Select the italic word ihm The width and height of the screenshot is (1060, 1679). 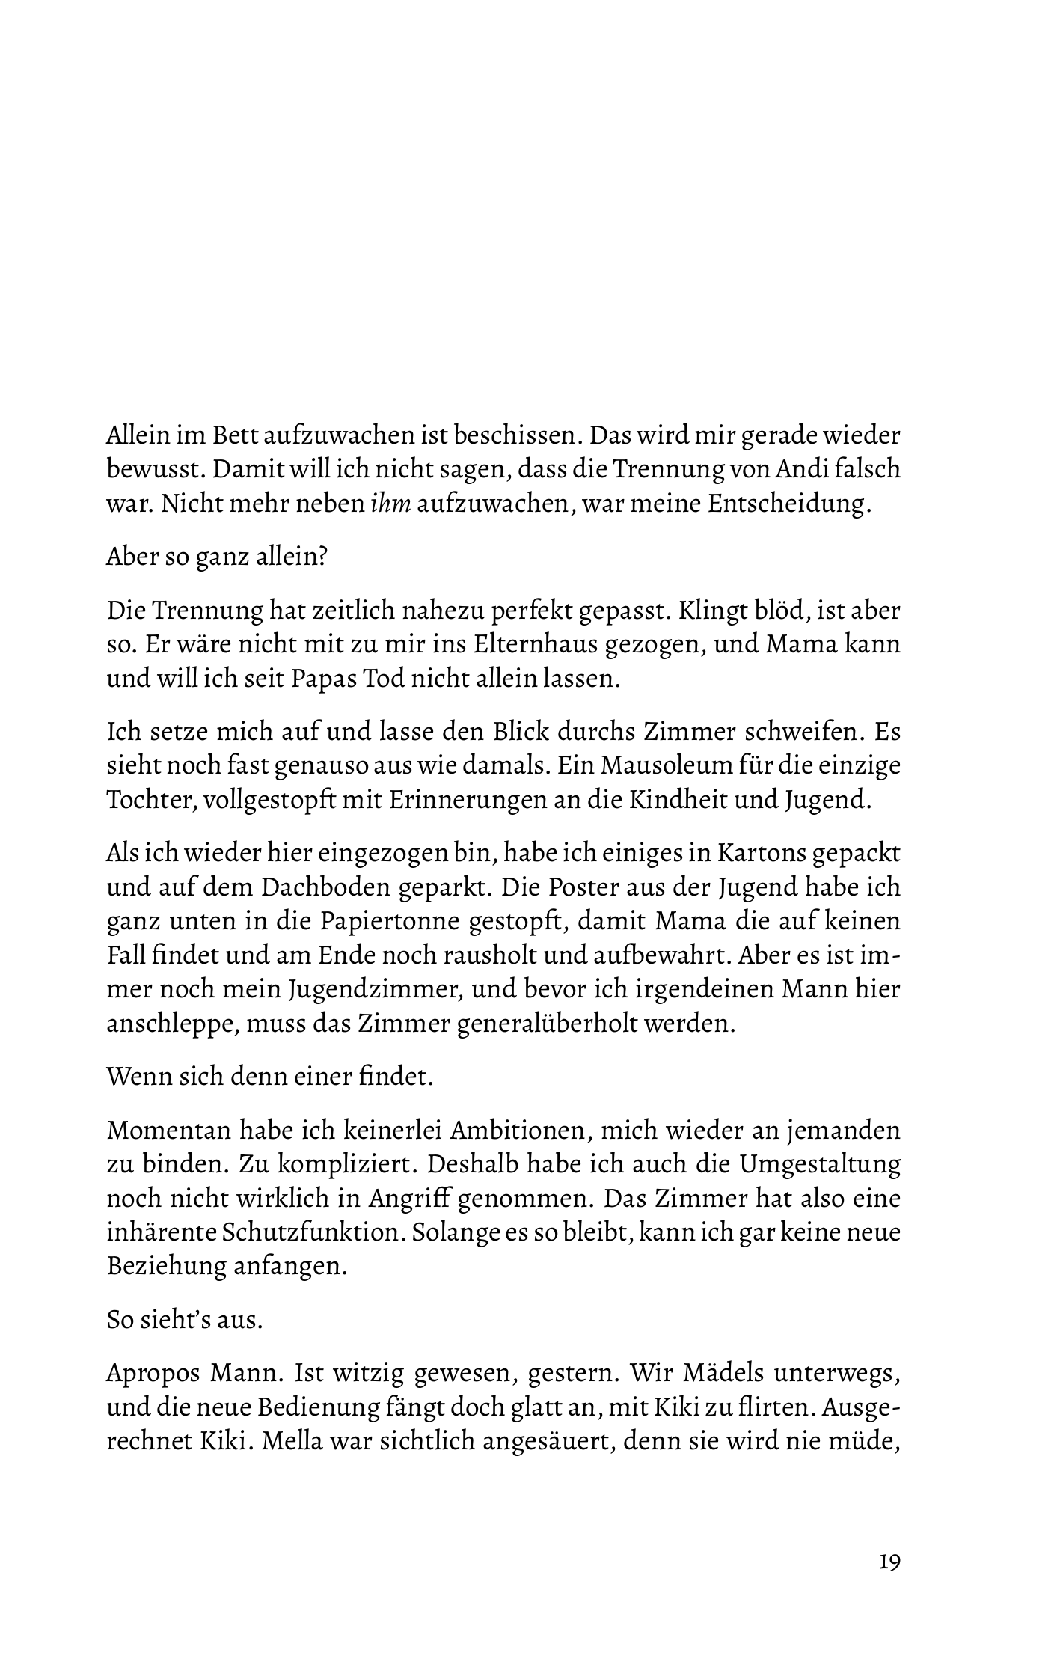click(390, 504)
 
